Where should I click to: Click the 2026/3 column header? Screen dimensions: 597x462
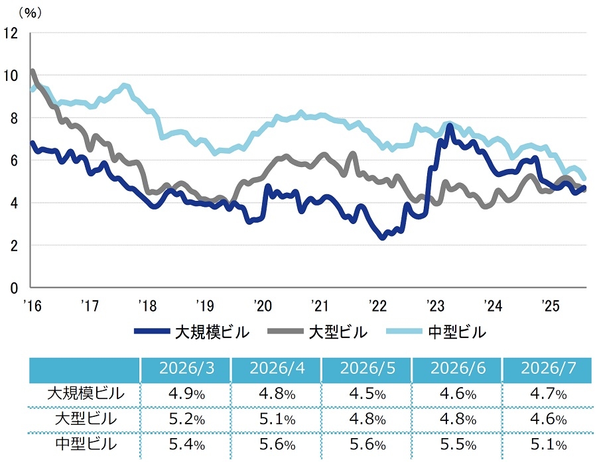click(186, 368)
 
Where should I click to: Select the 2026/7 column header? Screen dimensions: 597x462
click(549, 368)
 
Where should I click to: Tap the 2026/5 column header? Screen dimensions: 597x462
click(367, 368)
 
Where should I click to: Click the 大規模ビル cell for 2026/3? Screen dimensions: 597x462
click(186, 394)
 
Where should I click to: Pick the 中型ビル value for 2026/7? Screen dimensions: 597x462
click(549, 444)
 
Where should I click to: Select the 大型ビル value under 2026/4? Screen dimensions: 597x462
click(277, 419)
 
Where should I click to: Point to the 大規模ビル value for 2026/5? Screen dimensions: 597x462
click(367, 394)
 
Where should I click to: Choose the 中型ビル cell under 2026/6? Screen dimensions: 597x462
click(458, 444)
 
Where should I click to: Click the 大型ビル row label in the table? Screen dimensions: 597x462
click(86, 419)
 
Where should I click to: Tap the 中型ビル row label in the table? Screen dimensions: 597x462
click(86, 444)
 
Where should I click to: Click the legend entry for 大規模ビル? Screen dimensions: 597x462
click(192, 332)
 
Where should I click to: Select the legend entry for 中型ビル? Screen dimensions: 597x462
click(436, 332)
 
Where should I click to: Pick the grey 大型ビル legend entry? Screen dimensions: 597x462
click(318, 332)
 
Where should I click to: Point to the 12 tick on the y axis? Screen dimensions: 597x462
click(11, 34)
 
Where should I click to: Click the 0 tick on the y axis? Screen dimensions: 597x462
click(14, 288)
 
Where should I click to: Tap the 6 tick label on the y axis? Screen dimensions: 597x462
click(14, 160)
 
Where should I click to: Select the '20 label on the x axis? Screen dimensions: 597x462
click(262, 306)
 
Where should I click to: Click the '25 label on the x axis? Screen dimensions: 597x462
click(550, 306)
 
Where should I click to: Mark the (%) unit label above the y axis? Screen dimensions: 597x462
click(30, 13)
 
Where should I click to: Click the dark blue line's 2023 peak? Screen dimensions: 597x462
click(450, 125)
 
